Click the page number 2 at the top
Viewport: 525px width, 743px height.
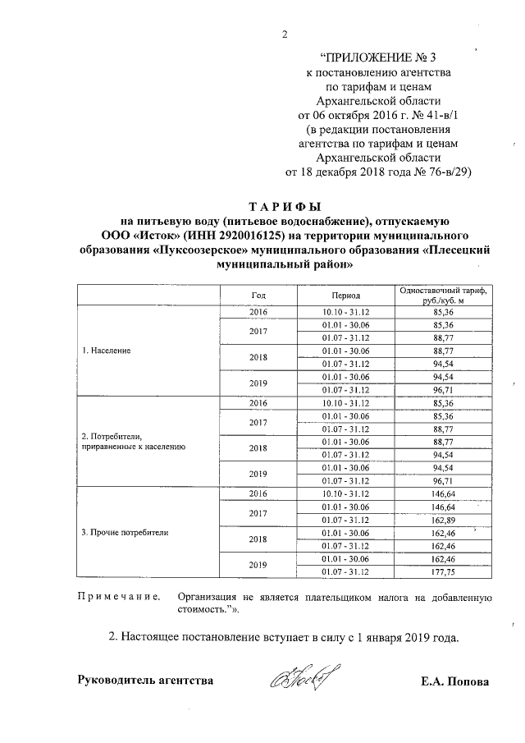pyautogui.click(x=285, y=34)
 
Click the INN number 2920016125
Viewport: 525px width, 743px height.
pyautogui.click(x=238, y=236)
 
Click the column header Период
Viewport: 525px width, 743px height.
pyautogui.click(x=341, y=294)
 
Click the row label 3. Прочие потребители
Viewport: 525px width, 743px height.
pyautogui.click(x=125, y=533)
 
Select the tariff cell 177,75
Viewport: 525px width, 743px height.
pyautogui.click(x=443, y=572)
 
